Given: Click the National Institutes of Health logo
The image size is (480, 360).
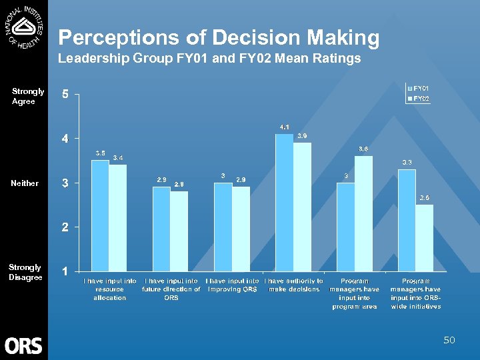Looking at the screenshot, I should tap(25, 27).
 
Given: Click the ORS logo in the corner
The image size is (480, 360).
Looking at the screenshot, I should tap(23, 345).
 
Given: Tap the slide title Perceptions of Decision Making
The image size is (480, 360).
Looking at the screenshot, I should tap(219, 37).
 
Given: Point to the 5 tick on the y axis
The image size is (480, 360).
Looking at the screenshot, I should tap(65, 95).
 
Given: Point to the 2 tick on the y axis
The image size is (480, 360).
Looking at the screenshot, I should tap(65, 227).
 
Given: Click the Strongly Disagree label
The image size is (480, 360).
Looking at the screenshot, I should tap(25, 272).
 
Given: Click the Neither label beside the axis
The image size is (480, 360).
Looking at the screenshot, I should tap(25, 183).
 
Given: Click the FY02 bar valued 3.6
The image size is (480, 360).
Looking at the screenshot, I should tap(363, 213).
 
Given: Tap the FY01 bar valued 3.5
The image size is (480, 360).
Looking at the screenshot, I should tap(100, 215).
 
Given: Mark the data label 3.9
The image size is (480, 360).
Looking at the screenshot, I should tap(302, 136).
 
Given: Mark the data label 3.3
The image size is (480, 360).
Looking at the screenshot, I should tap(407, 162).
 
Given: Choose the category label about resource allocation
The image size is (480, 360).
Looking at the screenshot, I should tap(110, 289).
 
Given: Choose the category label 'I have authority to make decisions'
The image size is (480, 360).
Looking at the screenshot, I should tap(294, 285).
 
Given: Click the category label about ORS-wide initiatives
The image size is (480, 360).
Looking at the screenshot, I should tap(415, 293).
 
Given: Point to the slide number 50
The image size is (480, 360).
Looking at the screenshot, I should tap(449, 341).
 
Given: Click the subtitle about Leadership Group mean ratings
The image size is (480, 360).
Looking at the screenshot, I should tap(209, 59).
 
